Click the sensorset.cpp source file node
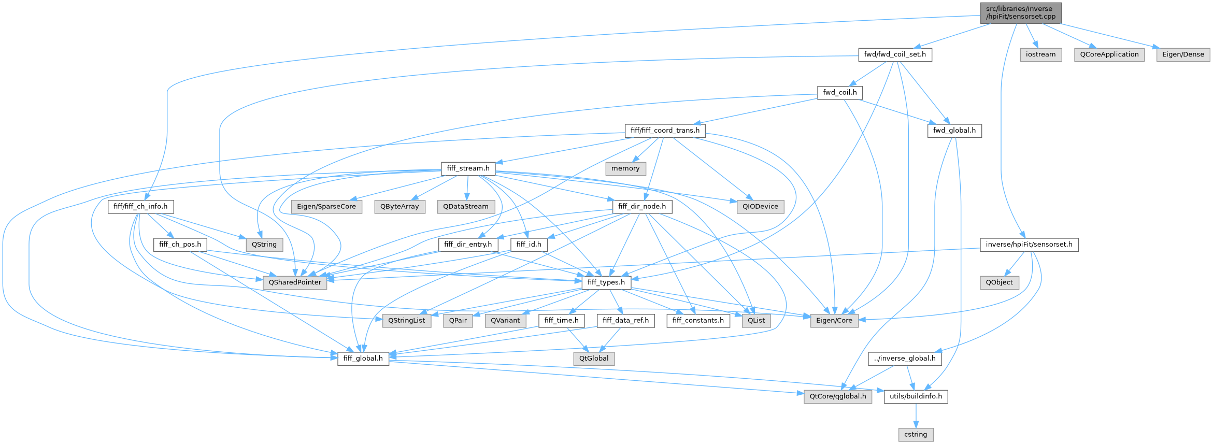[x=1020, y=12]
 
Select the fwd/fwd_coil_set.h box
[x=895, y=54]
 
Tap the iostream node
[x=1040, y=54]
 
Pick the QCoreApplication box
[x=1109, y=54]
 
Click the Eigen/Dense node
[x=1183, y=54]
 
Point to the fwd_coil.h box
[x=839, y=92]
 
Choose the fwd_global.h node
[x=954, y=130]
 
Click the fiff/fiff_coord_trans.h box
[x=665, y=130]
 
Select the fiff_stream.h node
[x=468, y=168]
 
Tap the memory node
[x=625, y=168]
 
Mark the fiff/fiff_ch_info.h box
[x=140, y=206]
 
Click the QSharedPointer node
[x=295, y=282]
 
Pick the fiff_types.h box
[x=606, y=282]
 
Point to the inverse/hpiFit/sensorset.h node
[x=1029, y=244]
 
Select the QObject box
[x=999, y=282]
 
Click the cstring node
[x=915, y=434]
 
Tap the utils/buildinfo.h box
[x=916, y=396]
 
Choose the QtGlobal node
[x=594, y=358]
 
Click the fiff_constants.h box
[x=698, y=320]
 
